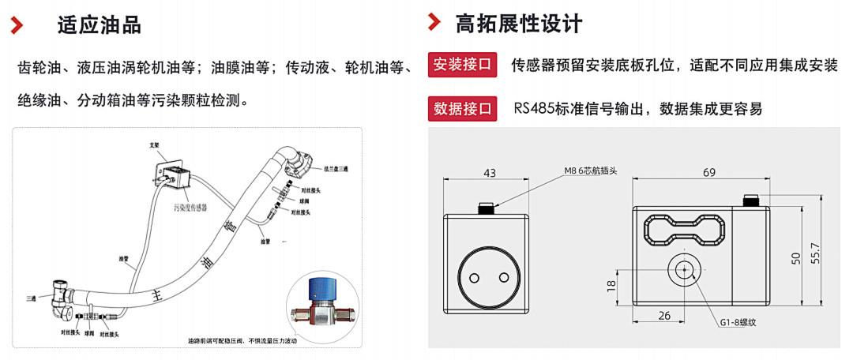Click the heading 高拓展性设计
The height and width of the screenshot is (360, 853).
coord(519,24)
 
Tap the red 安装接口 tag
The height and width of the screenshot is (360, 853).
coord(462,65)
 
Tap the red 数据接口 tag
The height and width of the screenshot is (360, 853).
coord(462,108)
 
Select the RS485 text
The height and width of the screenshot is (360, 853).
coord(535,108)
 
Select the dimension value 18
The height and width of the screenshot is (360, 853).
coord(611,286)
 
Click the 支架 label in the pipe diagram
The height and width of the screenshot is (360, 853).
coord(155,145)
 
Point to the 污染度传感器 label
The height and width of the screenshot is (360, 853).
coord(190,208)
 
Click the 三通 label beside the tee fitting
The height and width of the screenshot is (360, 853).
coord(31,298)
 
